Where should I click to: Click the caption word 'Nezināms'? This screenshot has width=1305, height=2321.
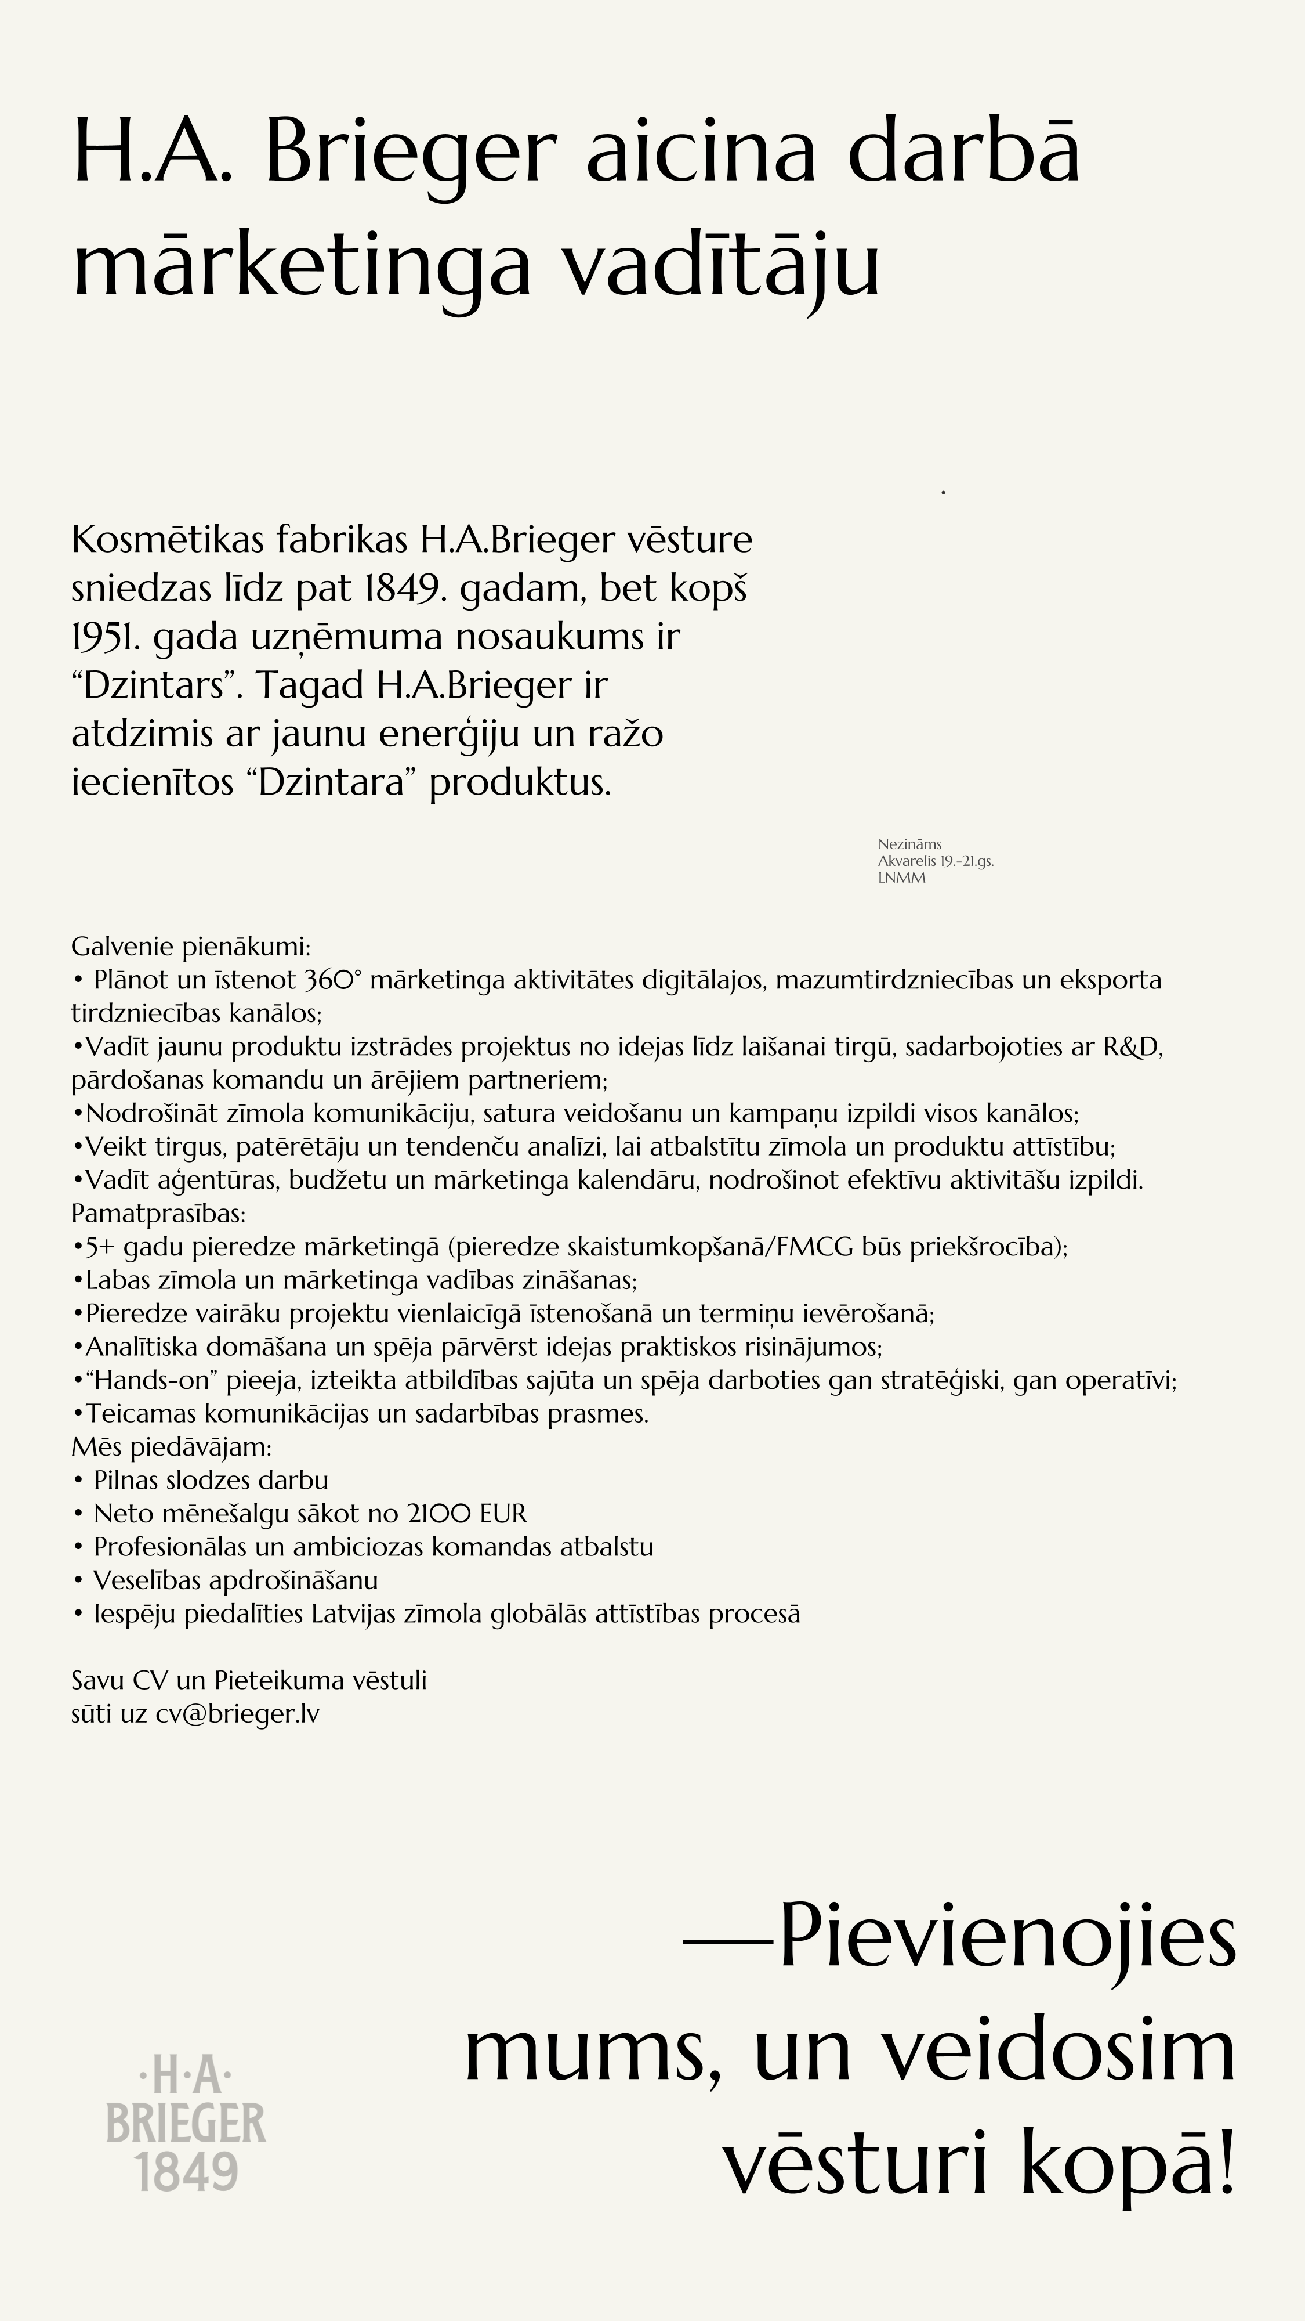pyautogui.click(x=909, y=844)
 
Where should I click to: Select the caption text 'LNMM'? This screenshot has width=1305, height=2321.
pyautogui.click(x=901, y=879)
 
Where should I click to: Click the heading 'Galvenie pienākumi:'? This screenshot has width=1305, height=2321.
pyautogui.click(x=191, y=947)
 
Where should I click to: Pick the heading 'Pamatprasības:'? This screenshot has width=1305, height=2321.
pyautogui.click(x=158, y=1214)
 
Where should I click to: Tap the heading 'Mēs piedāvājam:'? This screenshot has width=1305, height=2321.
pyautogui.click(x=171, y=1447)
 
